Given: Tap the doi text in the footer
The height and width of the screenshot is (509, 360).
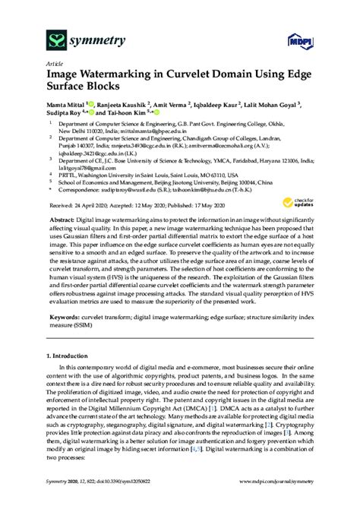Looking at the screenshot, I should click(x=122, y=501).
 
